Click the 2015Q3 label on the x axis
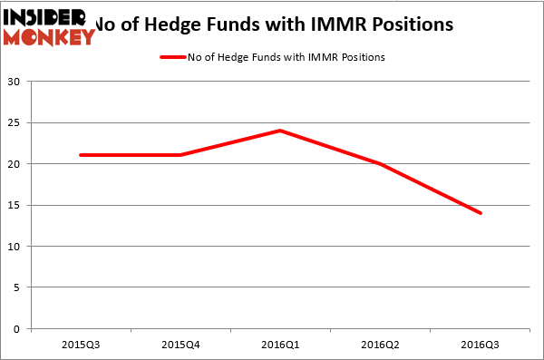click(81, 345)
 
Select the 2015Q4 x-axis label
click(180, 345)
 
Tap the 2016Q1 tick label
click(280, 345)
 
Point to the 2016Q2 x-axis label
click(380, 345)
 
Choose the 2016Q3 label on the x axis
click(480, 345)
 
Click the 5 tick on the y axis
click(19, 287)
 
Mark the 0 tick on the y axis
click(19, 329)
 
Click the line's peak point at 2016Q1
click(280, 131)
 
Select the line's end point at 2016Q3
click(480, 213)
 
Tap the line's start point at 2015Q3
click(81, 155)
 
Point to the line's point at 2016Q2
click(380, 164)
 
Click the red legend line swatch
click(174, 57)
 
